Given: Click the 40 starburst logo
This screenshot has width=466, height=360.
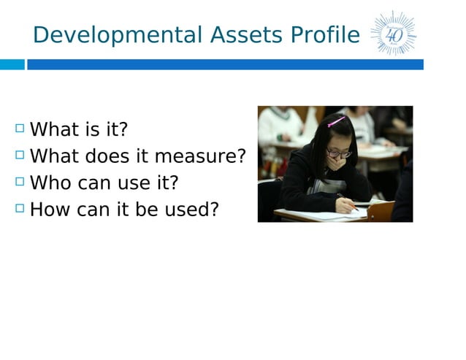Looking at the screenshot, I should pos(393,34).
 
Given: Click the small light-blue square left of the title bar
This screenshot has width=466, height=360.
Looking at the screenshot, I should pos(12,64).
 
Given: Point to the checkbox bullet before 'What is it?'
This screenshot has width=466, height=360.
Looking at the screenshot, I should pos(19,129).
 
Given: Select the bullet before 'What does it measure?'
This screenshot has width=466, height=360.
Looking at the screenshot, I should pos(19,156).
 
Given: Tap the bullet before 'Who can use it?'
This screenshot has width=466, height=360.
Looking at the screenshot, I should pos(19,182).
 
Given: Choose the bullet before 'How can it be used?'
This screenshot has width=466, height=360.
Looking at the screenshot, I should pos(19,208).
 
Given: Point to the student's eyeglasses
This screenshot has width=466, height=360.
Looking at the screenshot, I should pos(337,153).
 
